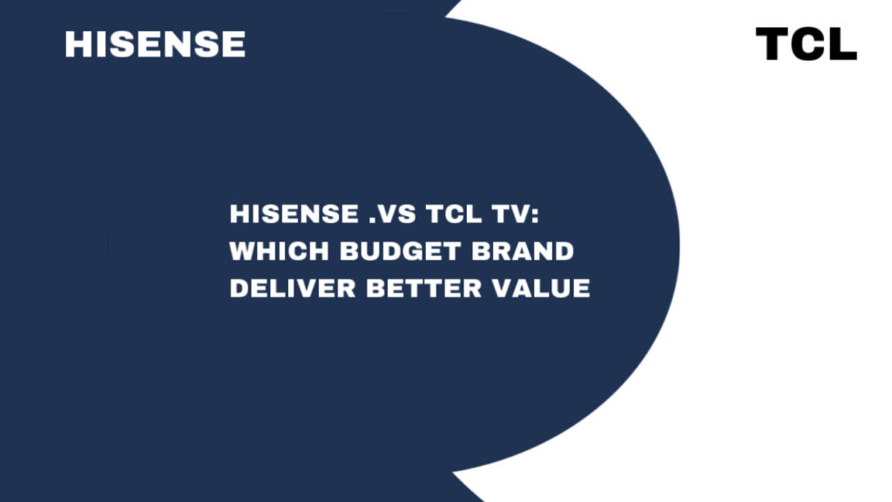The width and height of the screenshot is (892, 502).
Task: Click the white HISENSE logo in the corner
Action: (155, 44)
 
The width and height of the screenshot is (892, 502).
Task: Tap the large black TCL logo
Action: (806, 44)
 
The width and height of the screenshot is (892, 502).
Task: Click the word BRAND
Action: (523, 251)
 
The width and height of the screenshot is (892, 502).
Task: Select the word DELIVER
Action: (293, 288)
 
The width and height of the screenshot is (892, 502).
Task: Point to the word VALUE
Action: (541, 288)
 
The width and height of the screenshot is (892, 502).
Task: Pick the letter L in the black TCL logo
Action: (842, 44)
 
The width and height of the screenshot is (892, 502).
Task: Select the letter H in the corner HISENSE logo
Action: (78, 44)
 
